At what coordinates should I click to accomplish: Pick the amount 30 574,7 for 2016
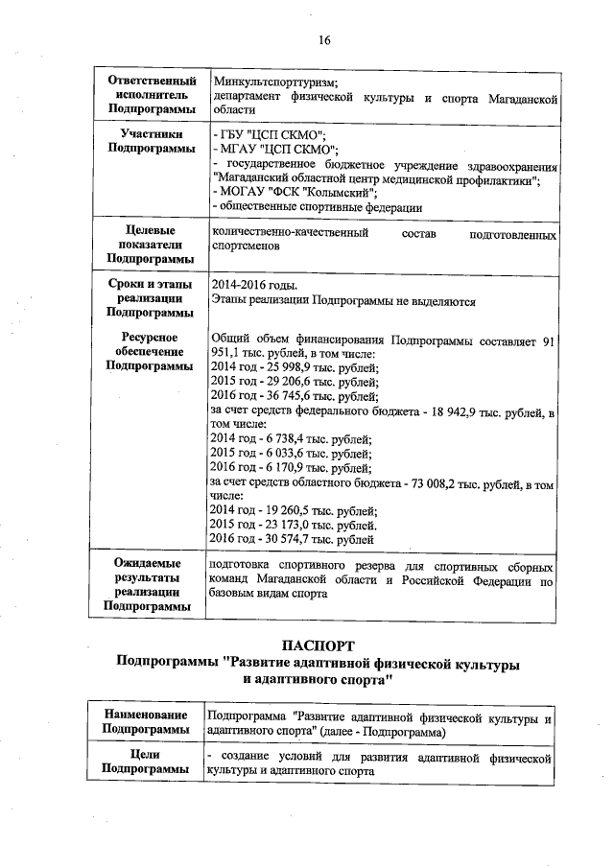[x=284, y=542]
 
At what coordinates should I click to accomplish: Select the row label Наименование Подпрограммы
[x=147, y=723]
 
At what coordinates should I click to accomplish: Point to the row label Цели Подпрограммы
[x=147, y=762]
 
